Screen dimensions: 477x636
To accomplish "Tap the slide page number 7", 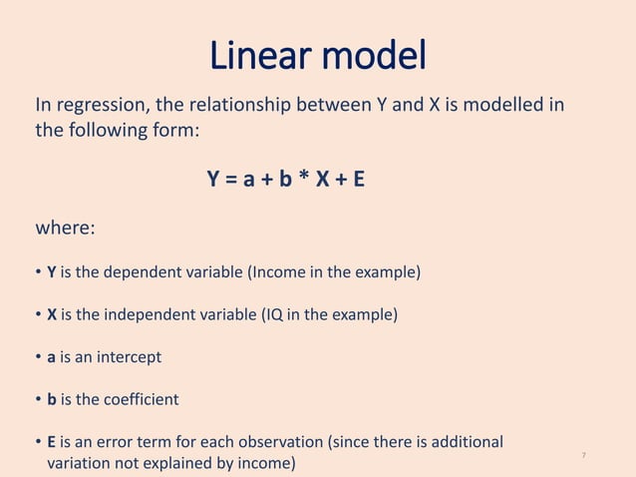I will [x=583, y=456].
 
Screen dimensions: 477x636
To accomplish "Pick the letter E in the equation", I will [x=358, y=180].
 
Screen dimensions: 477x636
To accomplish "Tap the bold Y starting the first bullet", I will [x=52, y=271].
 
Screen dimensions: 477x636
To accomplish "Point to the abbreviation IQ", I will [x=275, y=315].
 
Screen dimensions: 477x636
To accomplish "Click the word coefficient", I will [x=140, y=399].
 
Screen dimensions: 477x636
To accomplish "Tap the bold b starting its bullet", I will [x=52, y=399].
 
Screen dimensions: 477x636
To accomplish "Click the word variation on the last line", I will [x=81, y=464].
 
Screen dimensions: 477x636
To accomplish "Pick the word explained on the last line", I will [x=197, y=464].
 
